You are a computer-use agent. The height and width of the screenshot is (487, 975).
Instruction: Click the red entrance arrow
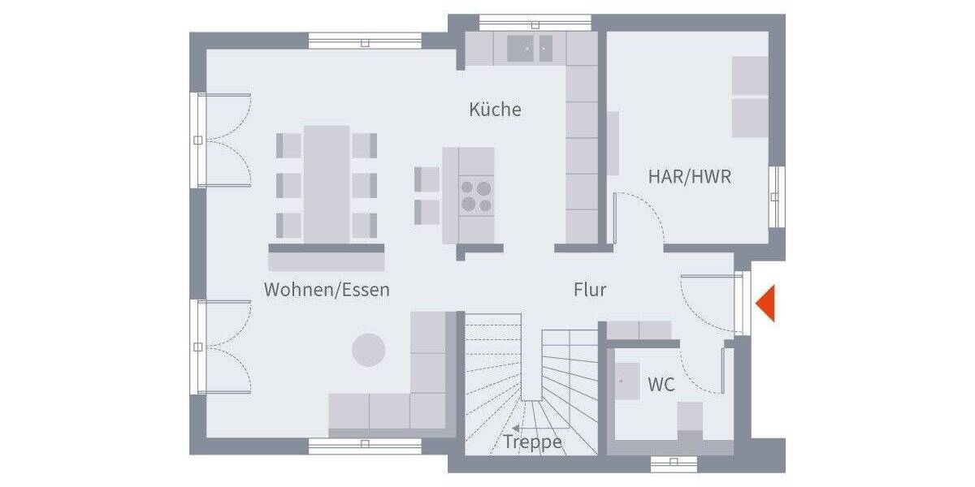(x=766, y=304)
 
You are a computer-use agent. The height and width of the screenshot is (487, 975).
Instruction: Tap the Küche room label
(x=495, y=110)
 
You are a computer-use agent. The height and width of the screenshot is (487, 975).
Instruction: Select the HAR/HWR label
(x=689, y=176)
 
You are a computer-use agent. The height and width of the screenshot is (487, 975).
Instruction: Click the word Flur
(x=590, y=289)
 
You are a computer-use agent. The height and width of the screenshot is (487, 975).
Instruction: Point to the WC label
(x=661, y=385)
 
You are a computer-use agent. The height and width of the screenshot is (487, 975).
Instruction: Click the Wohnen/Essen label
(x=327, y=289)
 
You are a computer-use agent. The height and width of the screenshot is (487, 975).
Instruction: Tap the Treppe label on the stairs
(x=532, y=442)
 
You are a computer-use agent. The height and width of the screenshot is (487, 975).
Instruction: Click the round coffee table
(x=368, y=349)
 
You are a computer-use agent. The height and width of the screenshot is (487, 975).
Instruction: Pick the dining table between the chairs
(x=327, y=183)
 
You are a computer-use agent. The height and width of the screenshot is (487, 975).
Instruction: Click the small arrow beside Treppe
(x=516, y=428)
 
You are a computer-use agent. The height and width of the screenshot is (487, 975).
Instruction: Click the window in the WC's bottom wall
(x=674, y=463)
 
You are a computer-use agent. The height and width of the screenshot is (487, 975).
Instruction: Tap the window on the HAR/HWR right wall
(x=777, y=195)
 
